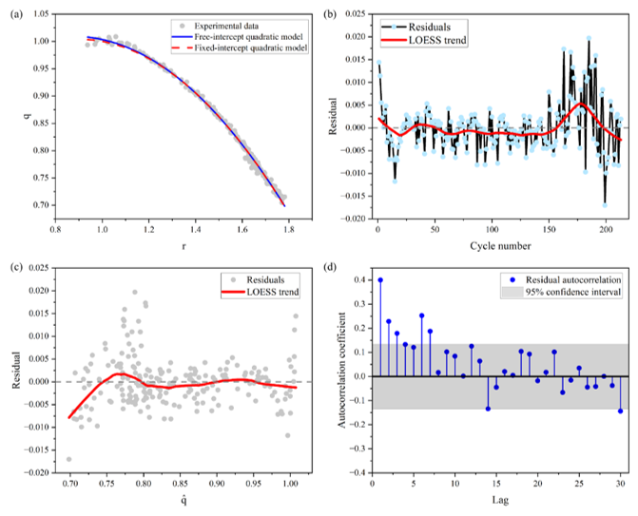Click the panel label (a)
(16, 14)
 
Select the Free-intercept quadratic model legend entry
(239, 37)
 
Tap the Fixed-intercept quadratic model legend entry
(241, 48)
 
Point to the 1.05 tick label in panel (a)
(41, 14)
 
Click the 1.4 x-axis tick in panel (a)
(195, 229)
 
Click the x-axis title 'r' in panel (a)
(184, 246)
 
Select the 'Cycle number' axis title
(500, 246)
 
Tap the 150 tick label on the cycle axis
(549, 229)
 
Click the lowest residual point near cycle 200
(605, 205)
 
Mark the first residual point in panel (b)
(378, 62)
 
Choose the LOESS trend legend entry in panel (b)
(423, 40)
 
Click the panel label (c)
(16, 268)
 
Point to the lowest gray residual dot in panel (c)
(69, 459)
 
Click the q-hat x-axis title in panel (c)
(184, 499)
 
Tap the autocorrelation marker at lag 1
(380, 280)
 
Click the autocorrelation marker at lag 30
(621, 411)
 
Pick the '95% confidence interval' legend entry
(562, 292)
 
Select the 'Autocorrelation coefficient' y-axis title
(341, 370)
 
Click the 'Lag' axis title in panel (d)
(500, 500)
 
